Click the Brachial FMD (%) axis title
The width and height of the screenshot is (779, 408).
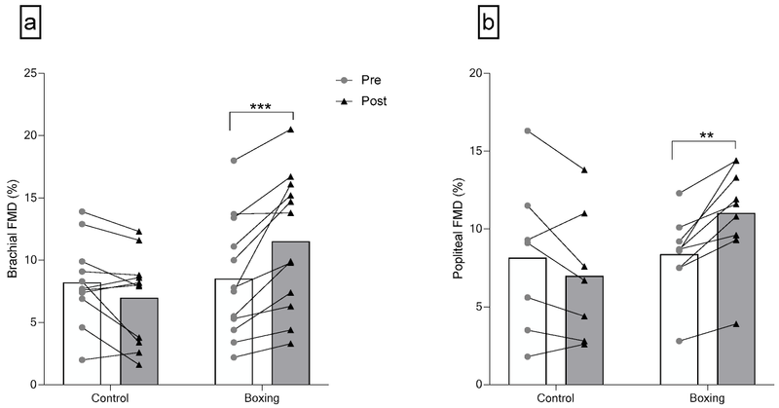14,229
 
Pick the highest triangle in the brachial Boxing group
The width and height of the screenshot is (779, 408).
290,129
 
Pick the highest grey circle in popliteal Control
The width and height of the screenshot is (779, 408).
527,130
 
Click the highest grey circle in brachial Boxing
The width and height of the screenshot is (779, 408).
234,161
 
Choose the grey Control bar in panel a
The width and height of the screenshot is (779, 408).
140,341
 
